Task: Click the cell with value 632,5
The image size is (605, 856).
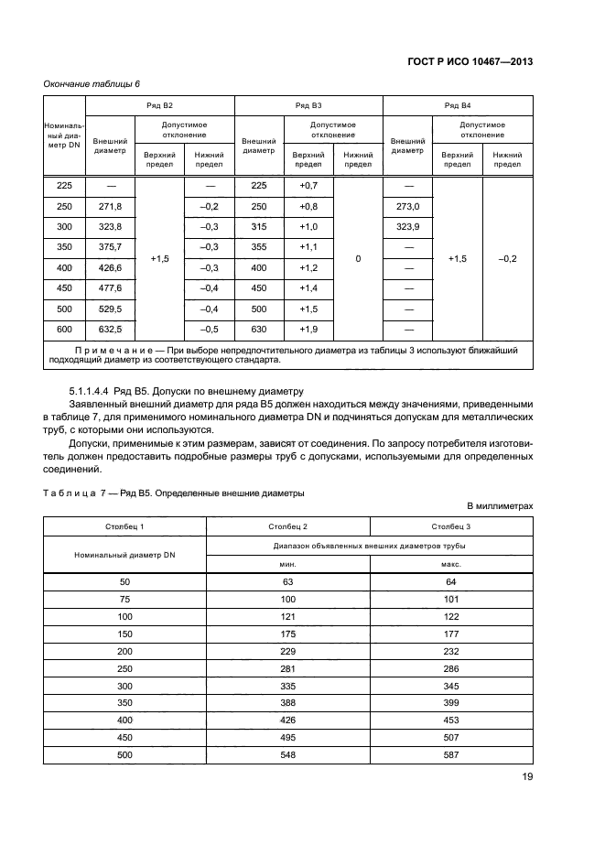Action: coord(110,330)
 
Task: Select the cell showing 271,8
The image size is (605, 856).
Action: coord(110,207)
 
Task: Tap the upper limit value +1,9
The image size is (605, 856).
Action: coord(308,330)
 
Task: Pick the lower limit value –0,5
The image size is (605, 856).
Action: coord(210,330)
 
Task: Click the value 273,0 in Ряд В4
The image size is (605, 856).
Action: coord(407,207)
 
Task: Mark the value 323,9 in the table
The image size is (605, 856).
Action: coord(407,227)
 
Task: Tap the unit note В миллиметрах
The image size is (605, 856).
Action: coord(500,506)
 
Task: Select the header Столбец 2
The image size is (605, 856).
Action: coord(288,527)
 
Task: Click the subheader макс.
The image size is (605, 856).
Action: coord(451,565)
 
